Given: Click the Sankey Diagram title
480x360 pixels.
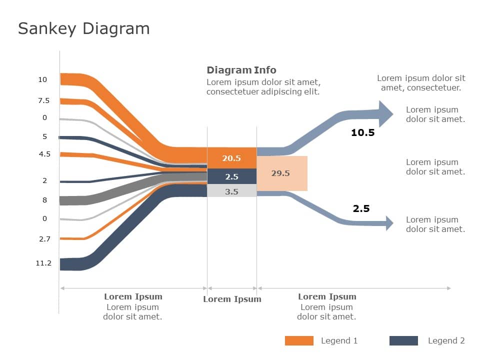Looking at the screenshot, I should coord(83,28).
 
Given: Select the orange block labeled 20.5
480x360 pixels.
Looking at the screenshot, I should coord(231,158).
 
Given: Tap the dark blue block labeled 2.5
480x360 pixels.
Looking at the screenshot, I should coord(231,176).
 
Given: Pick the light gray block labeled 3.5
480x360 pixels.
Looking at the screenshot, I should coord(231,191).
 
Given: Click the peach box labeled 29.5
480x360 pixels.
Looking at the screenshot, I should coord(281,173).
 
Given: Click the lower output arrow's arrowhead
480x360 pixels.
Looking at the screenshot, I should coord(389,222).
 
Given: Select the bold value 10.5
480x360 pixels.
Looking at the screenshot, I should coord(362,133).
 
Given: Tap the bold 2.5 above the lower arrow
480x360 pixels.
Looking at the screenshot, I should coord(361,208).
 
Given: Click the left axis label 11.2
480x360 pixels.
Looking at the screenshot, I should coord(43,263).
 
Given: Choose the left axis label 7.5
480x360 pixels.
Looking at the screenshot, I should coord(44,100).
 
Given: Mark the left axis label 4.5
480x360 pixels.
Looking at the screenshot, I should coord(44,154).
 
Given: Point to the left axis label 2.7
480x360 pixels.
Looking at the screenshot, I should coord(44,239).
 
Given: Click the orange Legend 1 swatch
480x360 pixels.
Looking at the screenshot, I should coord(299,340).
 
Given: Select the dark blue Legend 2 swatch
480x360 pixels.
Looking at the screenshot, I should coord(403,340).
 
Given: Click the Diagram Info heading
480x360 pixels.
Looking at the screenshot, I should coord(241,70).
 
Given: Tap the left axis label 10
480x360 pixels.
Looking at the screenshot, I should coord(42,79).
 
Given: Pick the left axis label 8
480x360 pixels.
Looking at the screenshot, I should coord(44,200).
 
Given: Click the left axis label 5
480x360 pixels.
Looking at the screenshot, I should coord(44,136).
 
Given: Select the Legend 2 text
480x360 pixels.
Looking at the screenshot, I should coord(446,340).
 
